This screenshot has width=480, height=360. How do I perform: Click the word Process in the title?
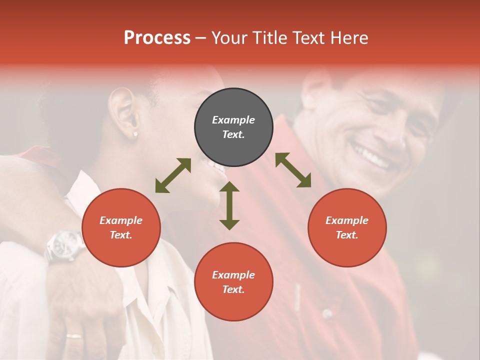[x=157, y=38]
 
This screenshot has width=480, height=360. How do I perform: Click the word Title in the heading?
[x=269, y=38]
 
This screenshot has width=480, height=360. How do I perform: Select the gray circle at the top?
[x=233, y=127]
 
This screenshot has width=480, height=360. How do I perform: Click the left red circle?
[x=121, y=228]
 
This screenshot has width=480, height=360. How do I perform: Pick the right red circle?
[x=347, y=228]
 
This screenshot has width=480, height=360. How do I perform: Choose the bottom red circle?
[x=233, y=282]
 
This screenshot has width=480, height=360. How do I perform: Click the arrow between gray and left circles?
[x=173, y=175]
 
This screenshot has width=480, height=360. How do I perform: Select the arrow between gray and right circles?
[x=293, y=170]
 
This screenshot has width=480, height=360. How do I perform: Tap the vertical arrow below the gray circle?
[x=229, y=205]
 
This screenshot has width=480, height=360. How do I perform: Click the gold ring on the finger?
[x=74, y=335]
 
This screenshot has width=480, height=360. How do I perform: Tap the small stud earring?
[x=135, y=134]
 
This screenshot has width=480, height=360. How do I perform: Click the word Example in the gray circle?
[x=233, y=120]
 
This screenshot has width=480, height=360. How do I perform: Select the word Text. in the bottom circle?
[x=233, y=289]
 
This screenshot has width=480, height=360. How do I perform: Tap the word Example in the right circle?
[x=347, y=220]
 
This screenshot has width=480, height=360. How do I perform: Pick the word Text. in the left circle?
[x=121, y=235]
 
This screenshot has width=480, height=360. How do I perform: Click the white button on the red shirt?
[x=327, y=314]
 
